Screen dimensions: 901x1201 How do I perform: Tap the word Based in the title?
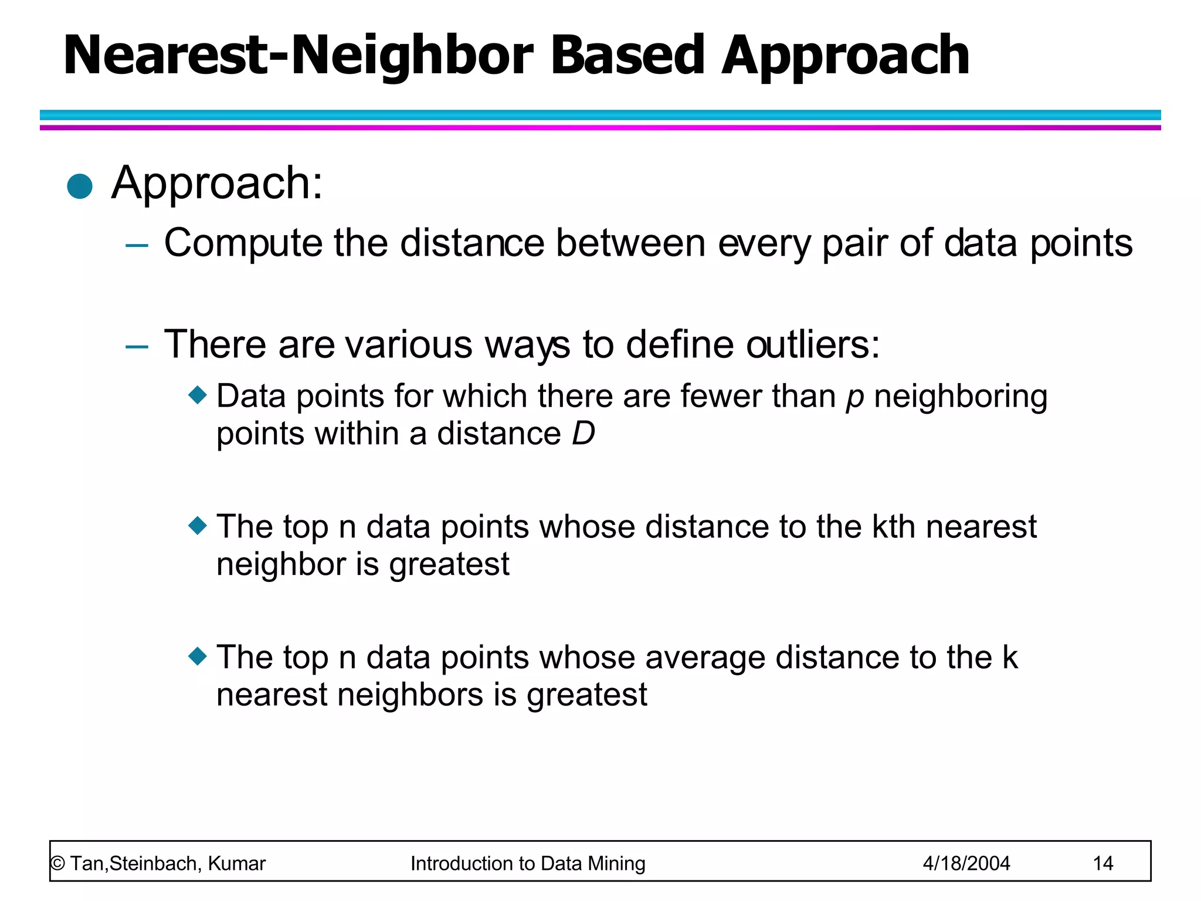(x=626, y=56)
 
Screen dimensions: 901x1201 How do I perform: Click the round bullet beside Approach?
(x=80, y=187)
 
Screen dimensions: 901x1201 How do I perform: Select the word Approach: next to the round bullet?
(x=217, y=184)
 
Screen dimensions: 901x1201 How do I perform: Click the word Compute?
(x=243, y=243)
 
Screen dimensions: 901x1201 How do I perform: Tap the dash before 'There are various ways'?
(x=137, y=346)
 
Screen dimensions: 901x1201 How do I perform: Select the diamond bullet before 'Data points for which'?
(x=198, y=394)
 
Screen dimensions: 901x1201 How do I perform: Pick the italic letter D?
(x=583, y=434)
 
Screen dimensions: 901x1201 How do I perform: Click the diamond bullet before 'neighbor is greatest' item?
(x=198, y=524)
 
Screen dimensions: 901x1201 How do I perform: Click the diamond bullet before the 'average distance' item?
(x=198, y=655)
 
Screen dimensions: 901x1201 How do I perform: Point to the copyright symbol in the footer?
(x=57, y=864)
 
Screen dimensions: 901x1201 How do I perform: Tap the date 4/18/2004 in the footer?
(x=966, y=863)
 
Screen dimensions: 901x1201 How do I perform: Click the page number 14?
(x=1102, y=863)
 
